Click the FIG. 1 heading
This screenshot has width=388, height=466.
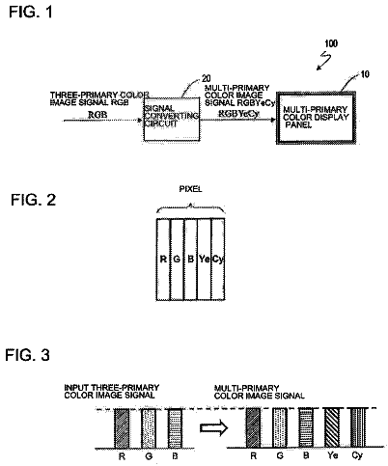click(30, 12)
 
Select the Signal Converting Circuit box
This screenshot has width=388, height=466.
click(172, 119)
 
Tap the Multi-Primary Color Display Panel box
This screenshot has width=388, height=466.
click(316, 118)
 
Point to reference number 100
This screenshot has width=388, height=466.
click(331, 43)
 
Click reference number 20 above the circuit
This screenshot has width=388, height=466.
click(207, 78)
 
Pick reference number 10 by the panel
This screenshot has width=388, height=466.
click(365, 74)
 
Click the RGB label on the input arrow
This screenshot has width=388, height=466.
click(97, 115)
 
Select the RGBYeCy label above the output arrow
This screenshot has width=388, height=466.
click(238, 114)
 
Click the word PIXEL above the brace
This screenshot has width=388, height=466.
click(190, 189)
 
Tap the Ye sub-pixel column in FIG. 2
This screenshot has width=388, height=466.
click(204, 260)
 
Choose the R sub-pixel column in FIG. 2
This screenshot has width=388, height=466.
click(163, 260)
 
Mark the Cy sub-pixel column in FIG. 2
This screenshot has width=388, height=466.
click(218, 260)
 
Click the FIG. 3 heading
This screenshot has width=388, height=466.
click(27, 355)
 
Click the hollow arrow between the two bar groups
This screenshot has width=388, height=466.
click(214, 428)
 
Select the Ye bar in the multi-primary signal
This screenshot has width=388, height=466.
click(330, 427)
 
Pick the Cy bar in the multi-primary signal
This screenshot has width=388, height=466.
click(357, 427)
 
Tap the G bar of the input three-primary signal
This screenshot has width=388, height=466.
click(149, 428)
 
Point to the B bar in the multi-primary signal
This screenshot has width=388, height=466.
click(306, 427)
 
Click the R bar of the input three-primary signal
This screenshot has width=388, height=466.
click(122, 428)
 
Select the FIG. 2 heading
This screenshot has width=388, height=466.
click(34, 200)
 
